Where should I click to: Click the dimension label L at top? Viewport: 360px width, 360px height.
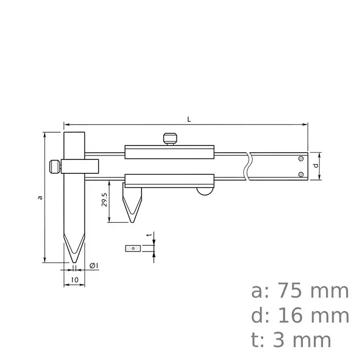(189, 119)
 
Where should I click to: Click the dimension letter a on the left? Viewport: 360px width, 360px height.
(40, 197)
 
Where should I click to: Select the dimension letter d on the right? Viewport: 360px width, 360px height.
(315, 166)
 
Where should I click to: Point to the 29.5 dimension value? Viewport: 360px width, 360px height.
(104, 200)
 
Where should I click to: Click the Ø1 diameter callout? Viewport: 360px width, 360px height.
(94, 265)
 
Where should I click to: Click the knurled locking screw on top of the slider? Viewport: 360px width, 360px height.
(171, 138)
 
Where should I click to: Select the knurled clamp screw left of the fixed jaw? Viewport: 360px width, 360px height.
(53, 167)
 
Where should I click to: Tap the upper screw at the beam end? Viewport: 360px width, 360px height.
(301, 159)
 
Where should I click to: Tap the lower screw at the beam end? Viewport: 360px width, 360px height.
(301, 174)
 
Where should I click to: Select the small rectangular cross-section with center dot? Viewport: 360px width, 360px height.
(133, 248)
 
